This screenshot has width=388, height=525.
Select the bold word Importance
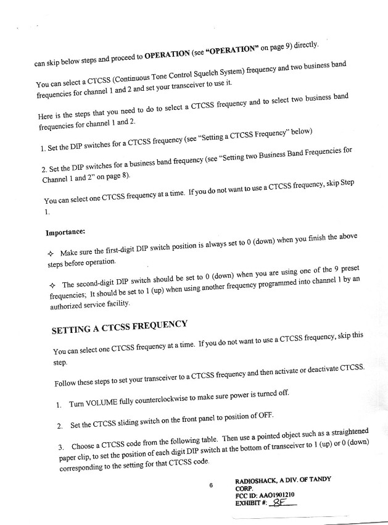coord(65,233)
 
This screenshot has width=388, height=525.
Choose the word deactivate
coord(315,369)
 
